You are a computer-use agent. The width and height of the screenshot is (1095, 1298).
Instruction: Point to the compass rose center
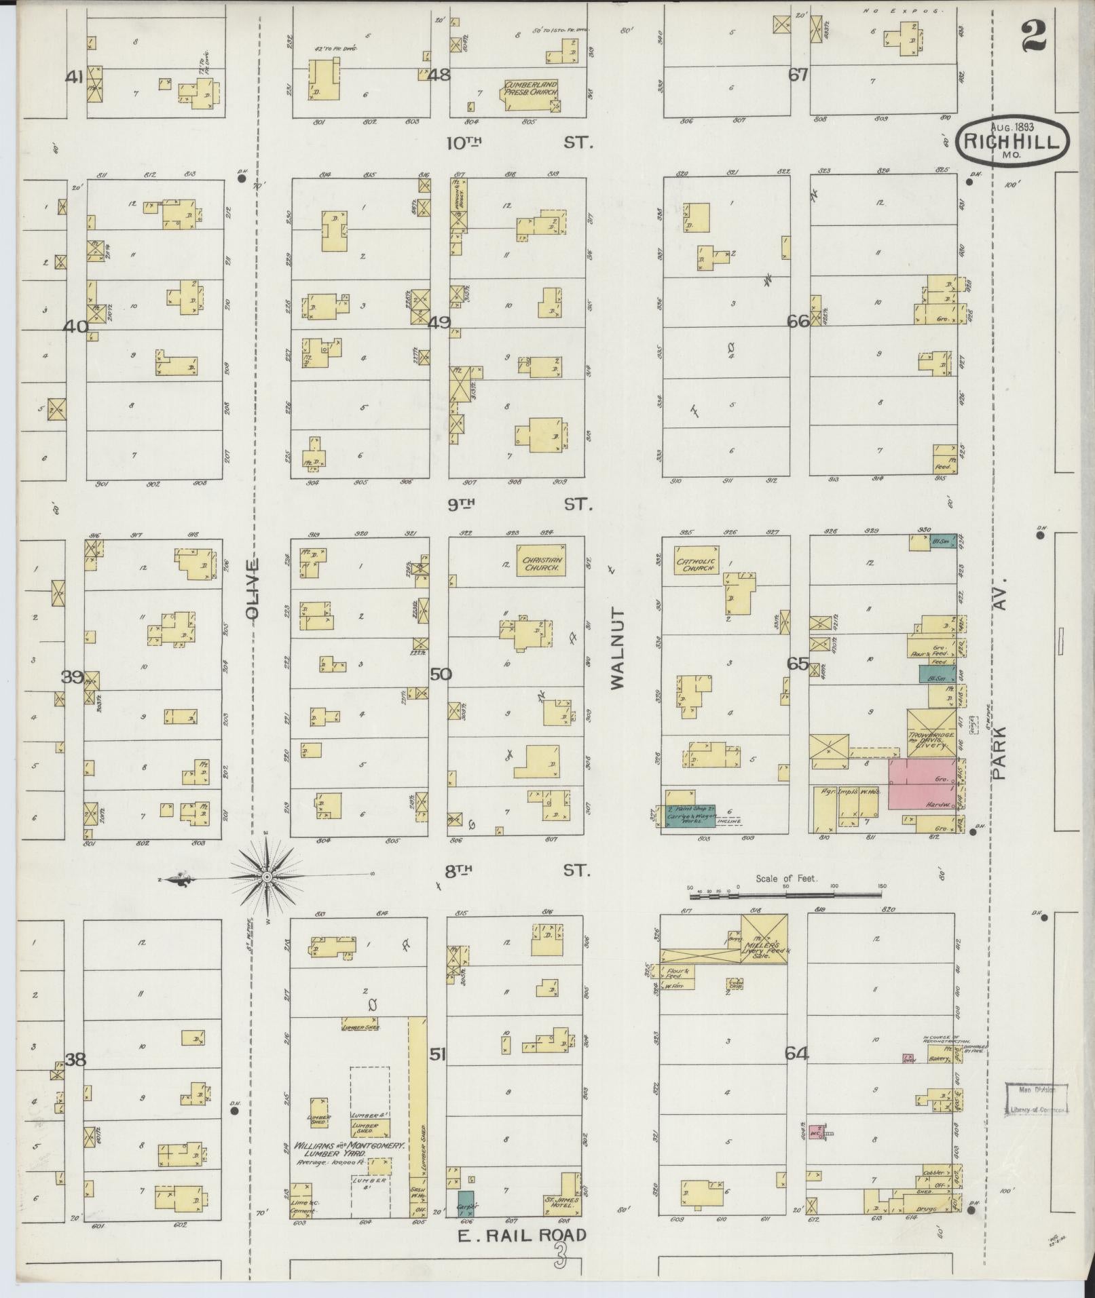[x=267, y=877]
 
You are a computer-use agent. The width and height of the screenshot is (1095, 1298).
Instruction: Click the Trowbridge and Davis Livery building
[x=931, y=733]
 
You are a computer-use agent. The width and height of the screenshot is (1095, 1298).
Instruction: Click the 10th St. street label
[x=519, y=143]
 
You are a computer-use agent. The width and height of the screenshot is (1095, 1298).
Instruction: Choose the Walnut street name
[x=617, y=647]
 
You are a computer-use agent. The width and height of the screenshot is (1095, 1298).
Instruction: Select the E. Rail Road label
[x=521, y=1235]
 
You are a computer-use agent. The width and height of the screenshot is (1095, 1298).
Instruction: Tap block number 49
[x=439, y=322]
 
